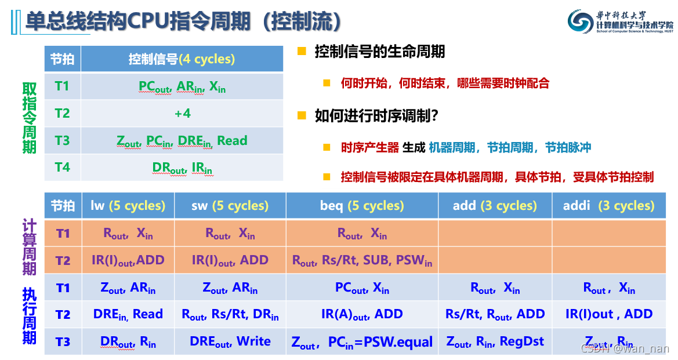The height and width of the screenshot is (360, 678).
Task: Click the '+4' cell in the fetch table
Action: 182,114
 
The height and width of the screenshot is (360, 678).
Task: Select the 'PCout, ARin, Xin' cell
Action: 182,86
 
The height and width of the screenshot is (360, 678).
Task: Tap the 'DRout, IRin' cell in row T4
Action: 182,168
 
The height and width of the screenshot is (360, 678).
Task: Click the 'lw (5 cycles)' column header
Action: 128,206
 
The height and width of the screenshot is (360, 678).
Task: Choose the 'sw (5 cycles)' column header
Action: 230,206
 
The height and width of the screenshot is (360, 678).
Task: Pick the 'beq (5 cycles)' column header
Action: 362,206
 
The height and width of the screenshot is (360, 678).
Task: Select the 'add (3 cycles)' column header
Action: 495,206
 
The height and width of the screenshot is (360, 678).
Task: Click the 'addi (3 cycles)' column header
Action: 608,206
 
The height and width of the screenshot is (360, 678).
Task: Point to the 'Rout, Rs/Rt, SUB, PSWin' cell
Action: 362,261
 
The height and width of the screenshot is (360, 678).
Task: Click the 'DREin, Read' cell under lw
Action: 128,314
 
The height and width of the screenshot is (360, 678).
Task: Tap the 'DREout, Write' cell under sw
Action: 230,341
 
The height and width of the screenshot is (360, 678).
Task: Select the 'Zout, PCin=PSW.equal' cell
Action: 362,342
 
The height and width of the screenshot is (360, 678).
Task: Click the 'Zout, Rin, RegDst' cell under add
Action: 495,341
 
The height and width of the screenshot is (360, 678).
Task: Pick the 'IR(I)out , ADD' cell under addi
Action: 608,314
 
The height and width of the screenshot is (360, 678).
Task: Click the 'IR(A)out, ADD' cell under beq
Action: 362,314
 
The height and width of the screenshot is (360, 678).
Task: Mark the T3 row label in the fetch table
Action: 62,140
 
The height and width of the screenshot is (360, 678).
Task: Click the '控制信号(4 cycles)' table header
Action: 182,59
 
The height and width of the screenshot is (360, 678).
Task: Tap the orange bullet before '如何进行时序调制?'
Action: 302,115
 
